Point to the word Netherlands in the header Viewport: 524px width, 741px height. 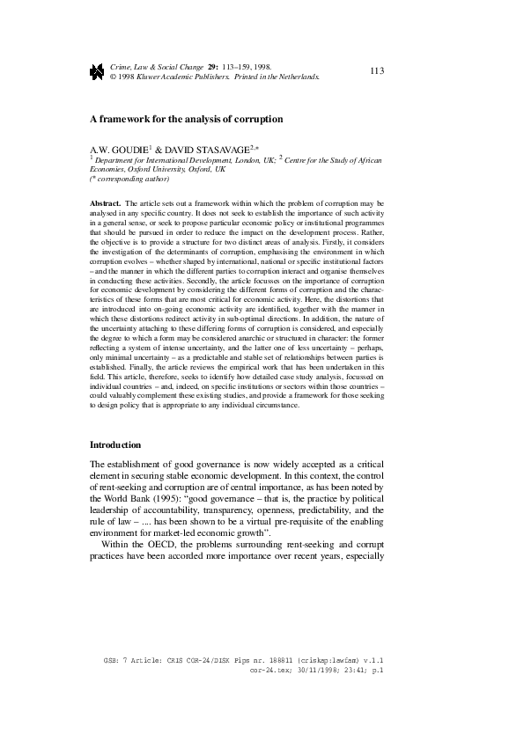click(296, 77)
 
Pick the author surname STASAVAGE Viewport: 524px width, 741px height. click(232, 152)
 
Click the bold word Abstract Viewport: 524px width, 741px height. click(105, 203)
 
